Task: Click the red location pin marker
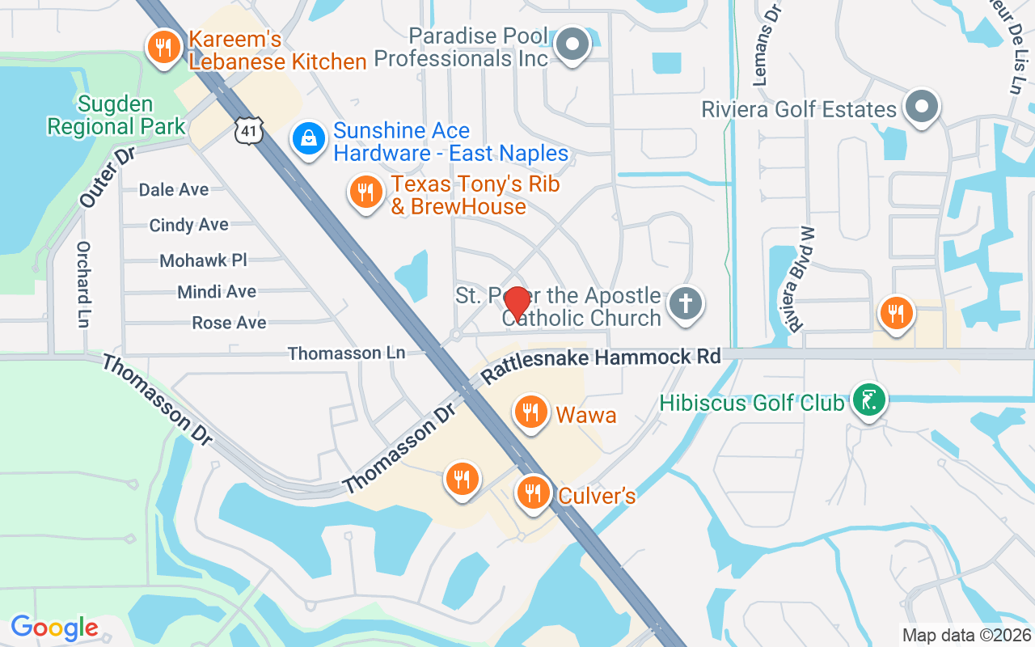(517, 305)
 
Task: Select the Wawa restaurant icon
(530, 412)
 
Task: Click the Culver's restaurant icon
(533, 492)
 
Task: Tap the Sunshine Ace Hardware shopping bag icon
(308, 139)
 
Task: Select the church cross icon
(686, 305)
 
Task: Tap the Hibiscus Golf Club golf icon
(868, 400)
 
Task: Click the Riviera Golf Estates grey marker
(921, 107)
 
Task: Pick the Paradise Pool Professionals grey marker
(574, 45)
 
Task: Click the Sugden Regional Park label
(116, 116)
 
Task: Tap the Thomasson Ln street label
(346, 353)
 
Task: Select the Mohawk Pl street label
(203, 260)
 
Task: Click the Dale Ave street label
(174, 189)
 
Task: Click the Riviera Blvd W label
(800, 279)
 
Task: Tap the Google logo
(54, 627)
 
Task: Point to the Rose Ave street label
(229, 323)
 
